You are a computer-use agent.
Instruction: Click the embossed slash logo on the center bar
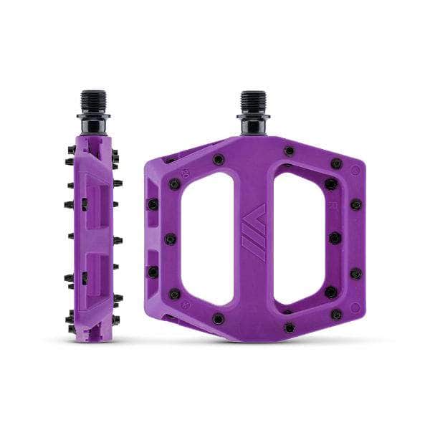pos(252,228)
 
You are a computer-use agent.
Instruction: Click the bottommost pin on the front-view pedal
pos(288,328)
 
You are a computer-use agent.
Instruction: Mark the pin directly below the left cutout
pos(219,318)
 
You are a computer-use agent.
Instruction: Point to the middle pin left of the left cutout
pos(170,238)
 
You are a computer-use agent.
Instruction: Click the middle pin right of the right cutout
pos(335,239)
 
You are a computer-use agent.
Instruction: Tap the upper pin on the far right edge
pos(356,205)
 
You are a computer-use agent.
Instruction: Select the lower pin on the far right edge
pos(357,273)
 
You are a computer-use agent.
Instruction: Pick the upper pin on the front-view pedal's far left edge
pos(153,205)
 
